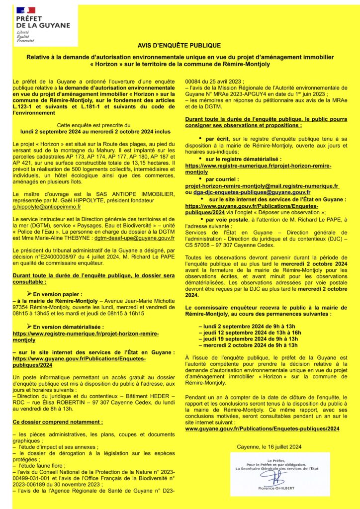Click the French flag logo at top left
point(26,10)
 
